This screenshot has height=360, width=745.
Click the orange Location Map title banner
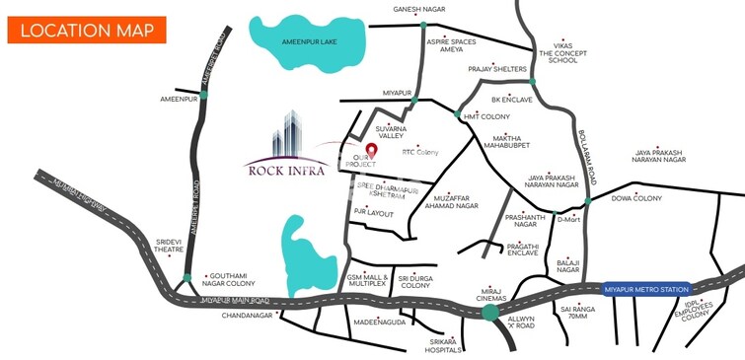pos(81,30)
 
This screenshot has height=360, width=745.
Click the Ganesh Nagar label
pos(419,9)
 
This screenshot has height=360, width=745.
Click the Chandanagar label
pos(241,317)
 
